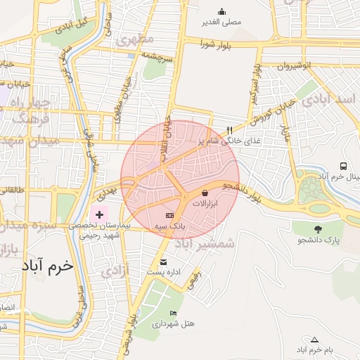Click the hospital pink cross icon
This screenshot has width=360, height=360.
click(99, 213)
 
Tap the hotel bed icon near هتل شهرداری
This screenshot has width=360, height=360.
click(174, 313)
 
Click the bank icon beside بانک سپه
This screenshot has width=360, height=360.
click(169, 215)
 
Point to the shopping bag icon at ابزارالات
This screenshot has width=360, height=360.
click(205, 192)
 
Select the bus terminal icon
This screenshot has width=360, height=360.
click(343, 167)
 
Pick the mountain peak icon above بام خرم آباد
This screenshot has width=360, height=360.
click(314, 340)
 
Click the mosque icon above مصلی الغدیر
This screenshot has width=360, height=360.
click(222, 11)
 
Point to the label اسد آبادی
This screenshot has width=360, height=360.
click(330, 101)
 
